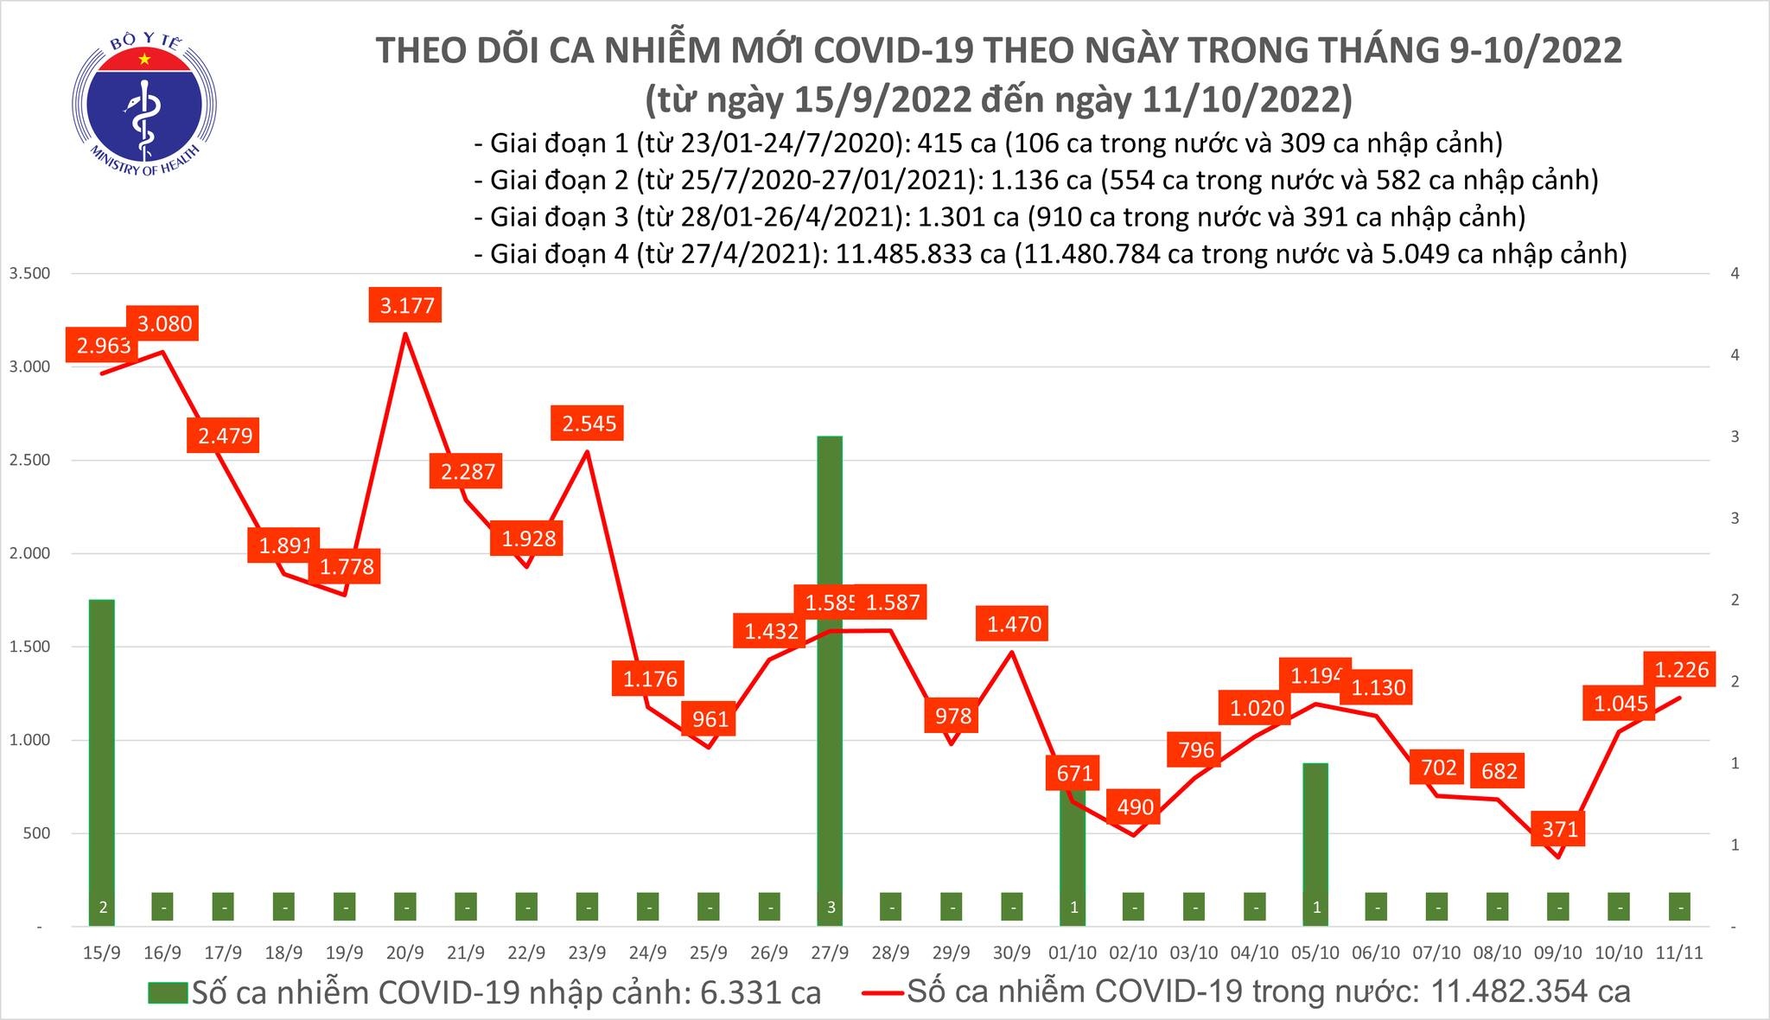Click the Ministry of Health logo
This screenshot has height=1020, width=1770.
143,104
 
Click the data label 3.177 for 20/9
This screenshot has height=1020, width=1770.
406,305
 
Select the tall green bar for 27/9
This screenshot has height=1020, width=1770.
830,674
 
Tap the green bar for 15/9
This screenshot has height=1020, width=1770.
102,761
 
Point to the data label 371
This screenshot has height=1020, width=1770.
1559,830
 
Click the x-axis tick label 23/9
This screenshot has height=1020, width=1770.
587,953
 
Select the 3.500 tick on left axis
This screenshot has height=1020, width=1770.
29,274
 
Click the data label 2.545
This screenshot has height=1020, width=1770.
589,424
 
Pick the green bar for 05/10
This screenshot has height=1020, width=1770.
1315,838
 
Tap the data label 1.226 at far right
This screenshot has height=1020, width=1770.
1681,669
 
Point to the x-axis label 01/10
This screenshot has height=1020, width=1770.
1073,953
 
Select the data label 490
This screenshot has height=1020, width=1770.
1135,806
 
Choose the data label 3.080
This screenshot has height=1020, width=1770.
164,323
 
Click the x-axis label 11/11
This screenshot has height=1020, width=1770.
1679,953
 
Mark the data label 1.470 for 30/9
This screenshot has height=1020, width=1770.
1014,623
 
